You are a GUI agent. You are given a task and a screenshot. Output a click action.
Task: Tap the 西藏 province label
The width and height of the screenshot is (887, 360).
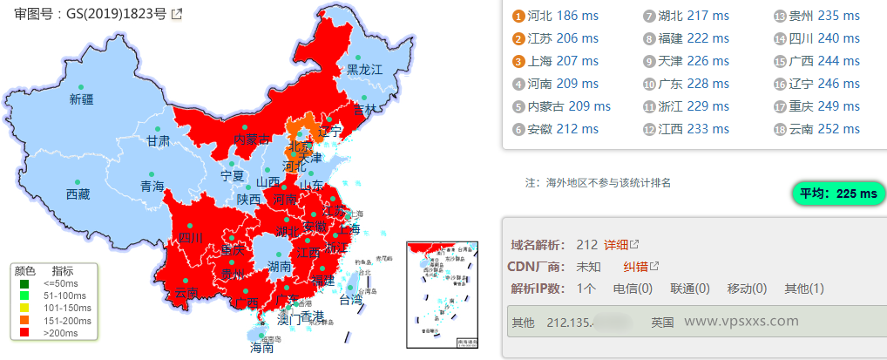pyautogui.click(x=78, y=194)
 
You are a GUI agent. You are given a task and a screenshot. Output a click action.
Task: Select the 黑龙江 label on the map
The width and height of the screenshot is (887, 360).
pyautogui.click(x=365, y=69)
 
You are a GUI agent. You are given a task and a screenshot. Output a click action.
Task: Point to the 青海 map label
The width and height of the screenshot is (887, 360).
pyautogui.click(x=152, y=186)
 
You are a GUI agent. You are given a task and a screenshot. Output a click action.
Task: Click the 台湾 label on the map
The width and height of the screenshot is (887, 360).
pyautogui.click(x=350, y=300)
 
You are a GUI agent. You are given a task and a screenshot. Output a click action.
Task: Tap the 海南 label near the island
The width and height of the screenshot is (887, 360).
pyautogui.click(x=261, y=347)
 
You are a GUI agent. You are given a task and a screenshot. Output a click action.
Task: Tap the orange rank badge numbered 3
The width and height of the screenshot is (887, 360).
pyautogui.click(x=519, y=62)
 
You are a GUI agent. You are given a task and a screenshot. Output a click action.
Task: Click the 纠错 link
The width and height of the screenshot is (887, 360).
pyautogui.click(x=635, y=267)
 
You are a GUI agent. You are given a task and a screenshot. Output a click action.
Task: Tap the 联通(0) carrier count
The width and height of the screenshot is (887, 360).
pyautogui.click(x=689, y=289)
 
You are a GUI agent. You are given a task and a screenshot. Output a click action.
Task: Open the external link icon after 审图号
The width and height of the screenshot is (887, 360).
pyautogui.click(x=177, y=14)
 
